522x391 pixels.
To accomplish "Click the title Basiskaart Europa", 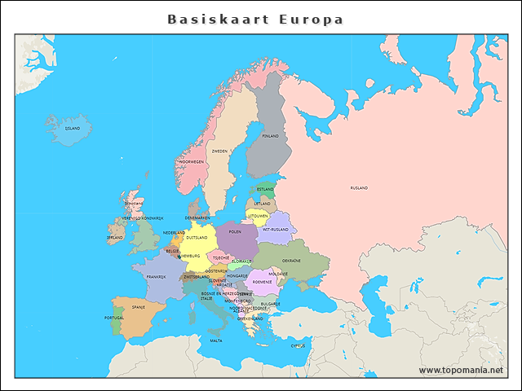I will [255, 20].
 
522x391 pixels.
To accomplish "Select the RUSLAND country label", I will [359, 188].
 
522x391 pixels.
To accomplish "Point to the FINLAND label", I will [270, 136].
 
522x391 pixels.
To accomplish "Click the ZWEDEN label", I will [219, 151].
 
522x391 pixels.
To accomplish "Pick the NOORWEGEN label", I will [191, 162].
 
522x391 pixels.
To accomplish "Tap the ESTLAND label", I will [265, 189].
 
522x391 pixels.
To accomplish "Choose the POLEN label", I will [235, 231].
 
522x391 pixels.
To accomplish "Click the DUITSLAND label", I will [197, 238].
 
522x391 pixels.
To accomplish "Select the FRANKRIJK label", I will [156, 277].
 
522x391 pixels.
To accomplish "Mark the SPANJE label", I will [138, 307].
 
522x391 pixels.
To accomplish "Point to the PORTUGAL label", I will [114, 318].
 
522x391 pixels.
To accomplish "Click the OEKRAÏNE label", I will [291, 261].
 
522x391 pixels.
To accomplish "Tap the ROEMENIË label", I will [263, 282].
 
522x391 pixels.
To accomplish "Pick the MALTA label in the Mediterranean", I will [216, 340].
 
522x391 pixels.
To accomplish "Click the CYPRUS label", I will [298, 345].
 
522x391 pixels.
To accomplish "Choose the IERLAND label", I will [115, 238].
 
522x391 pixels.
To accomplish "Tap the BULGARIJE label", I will [270, 304].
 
